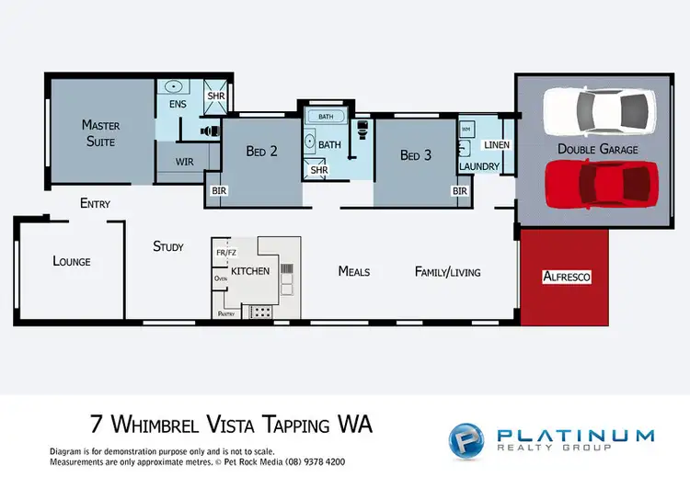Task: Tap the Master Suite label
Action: click(100, 132)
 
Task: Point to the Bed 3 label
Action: click(415, 155)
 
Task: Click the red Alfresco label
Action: click(565, 276)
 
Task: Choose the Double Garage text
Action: click(597, 148)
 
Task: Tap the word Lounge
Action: click(72, 262)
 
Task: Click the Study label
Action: click(168, 246)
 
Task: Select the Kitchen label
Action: click(249, 272)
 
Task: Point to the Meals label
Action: click(354, 271)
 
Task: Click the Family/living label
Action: click(448, 272)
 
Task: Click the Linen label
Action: click(496, 145)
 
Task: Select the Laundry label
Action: click(479, 166)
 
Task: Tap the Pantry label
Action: click(226, 313)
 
